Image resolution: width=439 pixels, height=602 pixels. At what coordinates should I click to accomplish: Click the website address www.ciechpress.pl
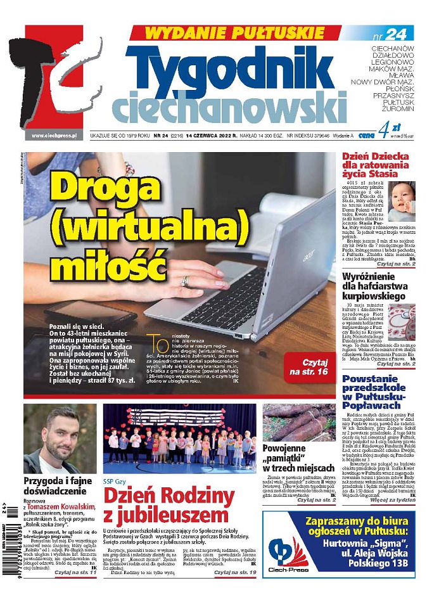(54, 135)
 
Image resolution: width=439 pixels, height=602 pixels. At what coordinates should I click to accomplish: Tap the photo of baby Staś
(401, 202)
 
